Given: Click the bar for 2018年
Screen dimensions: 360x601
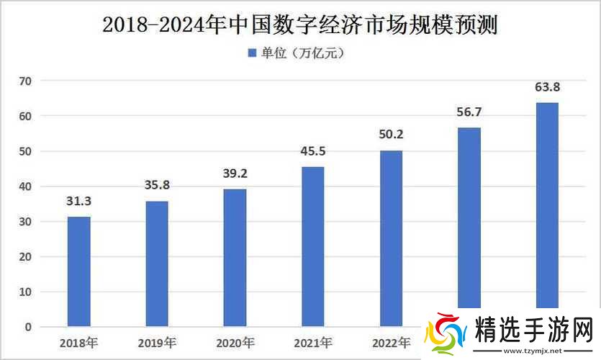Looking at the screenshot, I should coord(79,271).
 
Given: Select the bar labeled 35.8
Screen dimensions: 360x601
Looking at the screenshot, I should coord(157,264).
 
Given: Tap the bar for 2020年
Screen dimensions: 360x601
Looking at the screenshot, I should coord(235,258).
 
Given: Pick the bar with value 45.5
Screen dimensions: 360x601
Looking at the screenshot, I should coord(312,246).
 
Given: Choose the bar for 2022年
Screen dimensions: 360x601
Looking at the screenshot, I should coord(391,238).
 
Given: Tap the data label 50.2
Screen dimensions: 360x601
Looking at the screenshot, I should coord(391,135).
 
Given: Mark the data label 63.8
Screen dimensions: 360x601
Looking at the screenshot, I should coord(547,88).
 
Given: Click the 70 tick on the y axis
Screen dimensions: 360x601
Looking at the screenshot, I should coord(26,81).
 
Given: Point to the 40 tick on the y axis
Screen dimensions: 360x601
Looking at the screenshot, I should coord(26,186).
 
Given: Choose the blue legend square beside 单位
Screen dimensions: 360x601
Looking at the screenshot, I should coord(252,53).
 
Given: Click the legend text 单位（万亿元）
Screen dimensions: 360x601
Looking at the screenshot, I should coord(303,53).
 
